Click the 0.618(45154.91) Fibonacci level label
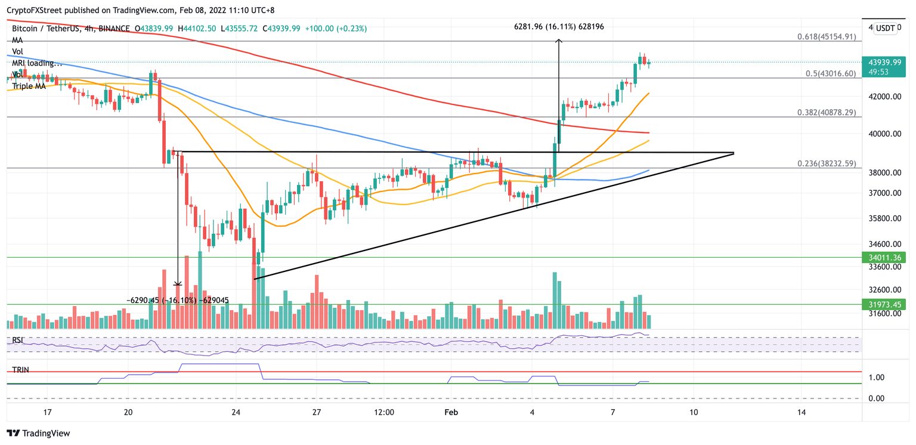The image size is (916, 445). tap(827, 37)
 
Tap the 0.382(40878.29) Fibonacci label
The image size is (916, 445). tap(827, 112)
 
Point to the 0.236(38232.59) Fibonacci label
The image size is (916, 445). tap(827, 163)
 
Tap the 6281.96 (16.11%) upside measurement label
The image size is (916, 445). tap(563, 26)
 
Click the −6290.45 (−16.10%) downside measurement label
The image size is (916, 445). tap(177, 300)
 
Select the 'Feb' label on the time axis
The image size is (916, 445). tap(451, 412)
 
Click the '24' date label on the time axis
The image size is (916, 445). tap(236, 412)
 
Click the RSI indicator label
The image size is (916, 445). tap(18, 341)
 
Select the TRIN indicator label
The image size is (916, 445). tap(21, 370)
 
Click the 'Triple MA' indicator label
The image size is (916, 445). tap(30, 86)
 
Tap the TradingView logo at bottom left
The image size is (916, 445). tap(38, 434)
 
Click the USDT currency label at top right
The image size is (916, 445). tap(885, 28)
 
